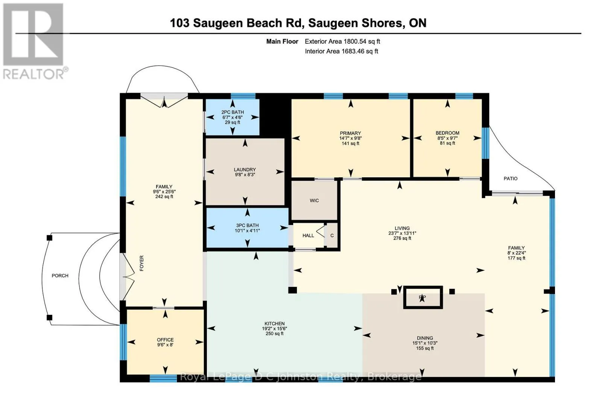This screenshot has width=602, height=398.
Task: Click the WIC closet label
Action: pyautogui.click(x=314, y=201)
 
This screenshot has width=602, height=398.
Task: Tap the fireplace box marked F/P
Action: pyautogui.click(x=423, y=297)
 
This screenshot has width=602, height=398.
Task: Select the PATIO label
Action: pyautogui.click(x=511, y=178)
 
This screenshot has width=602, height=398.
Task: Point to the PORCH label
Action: pyautogui.click(x=60, y=276)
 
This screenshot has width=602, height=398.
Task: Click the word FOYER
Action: pyautogui.click(x=141, y=263)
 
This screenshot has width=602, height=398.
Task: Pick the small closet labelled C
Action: pyautogui.click(x=332, y=236)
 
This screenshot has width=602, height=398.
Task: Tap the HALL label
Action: pyautogui.click(x=308, y=236)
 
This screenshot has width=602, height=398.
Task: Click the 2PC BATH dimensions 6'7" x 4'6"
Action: pyautogui.click(x=233, y=117)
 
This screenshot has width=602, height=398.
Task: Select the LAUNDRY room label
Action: pyautogui.click(x=245, y=170)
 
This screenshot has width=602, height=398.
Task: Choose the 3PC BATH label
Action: pyautogui.click(x=247, y=225)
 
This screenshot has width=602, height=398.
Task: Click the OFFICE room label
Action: pyautogui.click(x=165, y=340)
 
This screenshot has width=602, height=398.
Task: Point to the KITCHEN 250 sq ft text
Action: pyautogui.click(x=274, y=334)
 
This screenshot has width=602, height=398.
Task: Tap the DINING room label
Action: pyautogui.click(x=425, y=338)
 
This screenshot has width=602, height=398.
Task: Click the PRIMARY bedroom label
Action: pyautogui.click(x=350, y=133)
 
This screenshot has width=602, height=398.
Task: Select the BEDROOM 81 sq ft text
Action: pyautogui.click(x=447, y=143)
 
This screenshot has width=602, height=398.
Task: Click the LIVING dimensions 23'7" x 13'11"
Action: pyautogui.click(x=402, y=233)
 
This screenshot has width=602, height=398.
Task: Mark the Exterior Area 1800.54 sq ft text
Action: pyautogui.click(x=342, y=41)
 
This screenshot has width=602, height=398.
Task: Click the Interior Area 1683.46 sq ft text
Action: pyautogui.click(x=342, y=51)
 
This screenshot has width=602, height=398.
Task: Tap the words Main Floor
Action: pyautogui.click(x=282, y=41)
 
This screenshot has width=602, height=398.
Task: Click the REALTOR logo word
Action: pyautogui.click(x=33, y=74)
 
